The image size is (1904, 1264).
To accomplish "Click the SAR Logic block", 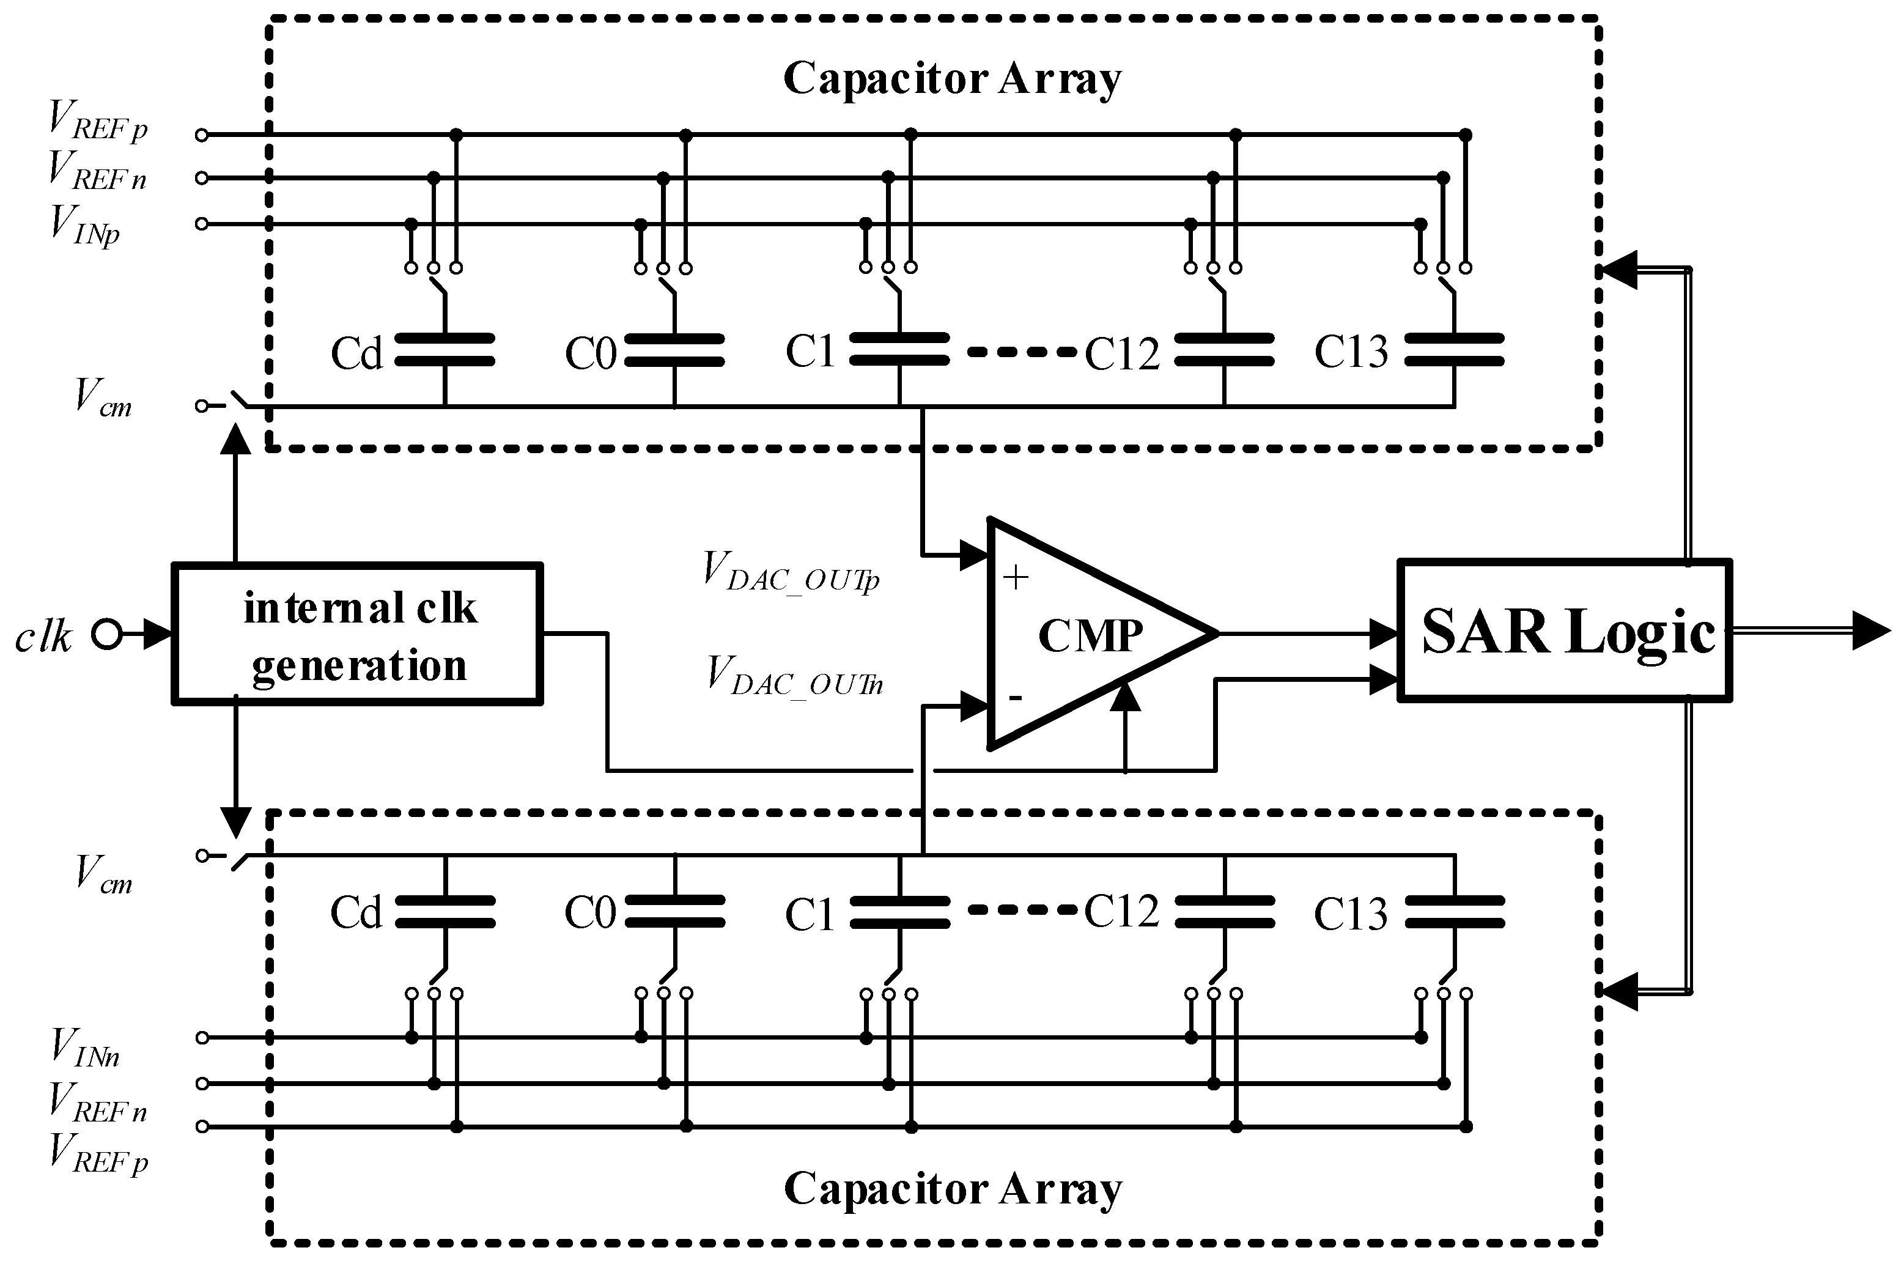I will [x=1564, y=631].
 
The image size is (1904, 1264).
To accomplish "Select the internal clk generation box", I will [x=357, y=634].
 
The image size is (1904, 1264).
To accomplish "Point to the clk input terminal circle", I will [x=106, y=634].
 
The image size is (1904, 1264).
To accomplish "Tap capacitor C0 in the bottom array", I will [x=674, y=912].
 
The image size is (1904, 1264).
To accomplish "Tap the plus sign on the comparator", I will [x=1016, y=577].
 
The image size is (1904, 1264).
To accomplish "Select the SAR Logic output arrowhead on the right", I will [x=1870, y=631].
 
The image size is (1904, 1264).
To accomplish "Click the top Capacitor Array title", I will [x=951, y=79].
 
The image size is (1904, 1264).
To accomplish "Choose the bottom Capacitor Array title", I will [x=951, y=1189].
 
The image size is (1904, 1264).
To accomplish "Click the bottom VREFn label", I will [x=97, y=1102].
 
